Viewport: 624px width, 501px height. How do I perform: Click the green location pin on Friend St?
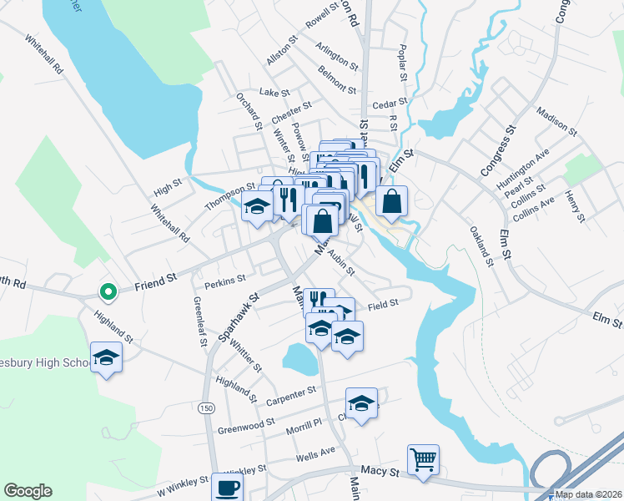pos(107,291)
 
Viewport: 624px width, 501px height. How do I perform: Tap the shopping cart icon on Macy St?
pos(423,459)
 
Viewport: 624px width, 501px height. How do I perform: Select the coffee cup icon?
pos(226,487)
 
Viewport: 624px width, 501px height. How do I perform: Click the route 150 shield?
pos(204,407)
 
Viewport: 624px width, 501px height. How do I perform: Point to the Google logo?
pos(28,491)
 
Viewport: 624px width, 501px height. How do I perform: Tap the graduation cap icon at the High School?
pos(106,358)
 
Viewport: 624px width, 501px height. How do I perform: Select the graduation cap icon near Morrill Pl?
pos(360,403)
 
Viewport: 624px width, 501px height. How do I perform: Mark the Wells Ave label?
pos(315,451)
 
